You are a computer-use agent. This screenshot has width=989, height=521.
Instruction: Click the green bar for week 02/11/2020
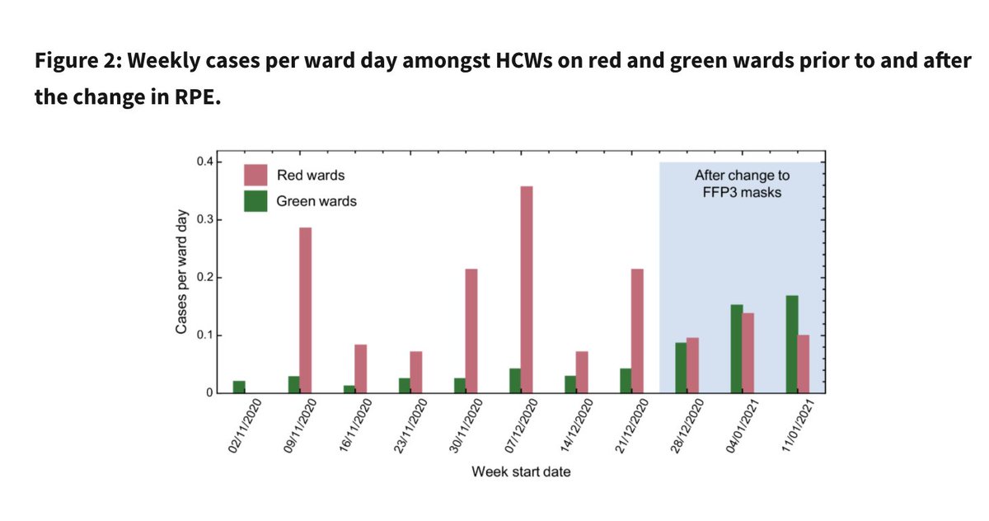(238, 387)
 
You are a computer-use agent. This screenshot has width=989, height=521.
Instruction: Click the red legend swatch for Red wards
(255, 176)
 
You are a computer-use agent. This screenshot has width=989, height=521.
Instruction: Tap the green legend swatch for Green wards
(255, 201)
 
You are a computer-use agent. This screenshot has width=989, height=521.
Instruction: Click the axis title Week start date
(521, 472)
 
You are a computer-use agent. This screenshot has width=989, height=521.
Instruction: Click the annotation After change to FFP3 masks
(742, 183)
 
